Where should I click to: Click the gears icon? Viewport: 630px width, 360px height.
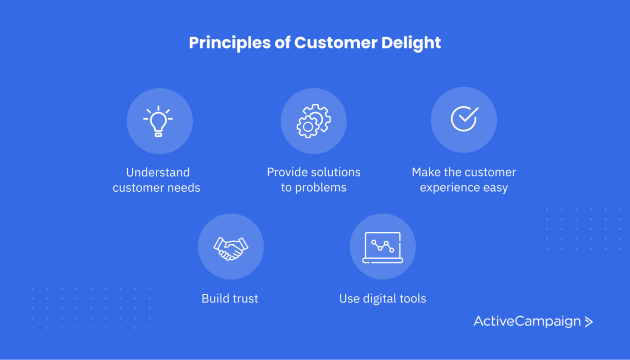point(313,121)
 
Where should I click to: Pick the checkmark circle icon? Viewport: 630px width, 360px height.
point(464,119)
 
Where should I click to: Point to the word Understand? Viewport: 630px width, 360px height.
point(158,172)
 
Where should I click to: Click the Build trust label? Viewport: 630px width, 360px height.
point(230,298)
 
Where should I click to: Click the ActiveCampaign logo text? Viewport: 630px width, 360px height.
point(527,321)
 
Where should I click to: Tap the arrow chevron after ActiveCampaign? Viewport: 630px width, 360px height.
point(589,322)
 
